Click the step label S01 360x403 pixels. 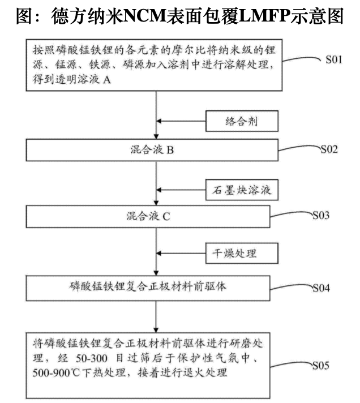pyautogui.click(x=334, y=59)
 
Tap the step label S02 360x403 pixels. pyautogui.click(x=329, y=149)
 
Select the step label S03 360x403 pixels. pyautogui.click(x=321, y=215)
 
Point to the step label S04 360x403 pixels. pyautogui.click(x=321, y=288)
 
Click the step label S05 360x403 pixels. pyautogui.click(x=321, y=365)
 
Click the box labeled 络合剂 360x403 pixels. pyautogui.click(x=242, y=121)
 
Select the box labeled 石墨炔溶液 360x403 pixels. pyautogui.click(x=242, y=190)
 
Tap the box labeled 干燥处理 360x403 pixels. pyautogui.click(x=242, y=254)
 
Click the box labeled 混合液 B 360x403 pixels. pyautogui.click(x=152, y=150)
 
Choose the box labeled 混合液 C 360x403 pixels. pyautogui.click(x=148, y=216)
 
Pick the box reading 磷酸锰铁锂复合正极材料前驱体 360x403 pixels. pyautogui.click(x=148, y=288)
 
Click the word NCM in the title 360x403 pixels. pyautogui.click(x=145, y=16)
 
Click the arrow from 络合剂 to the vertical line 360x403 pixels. pyautogui.click(x=181, y=121)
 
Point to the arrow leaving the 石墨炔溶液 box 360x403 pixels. pyautogui.click(x=181, y=190)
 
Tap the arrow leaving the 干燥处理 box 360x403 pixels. pyautogui.click(x=181, y=254)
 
